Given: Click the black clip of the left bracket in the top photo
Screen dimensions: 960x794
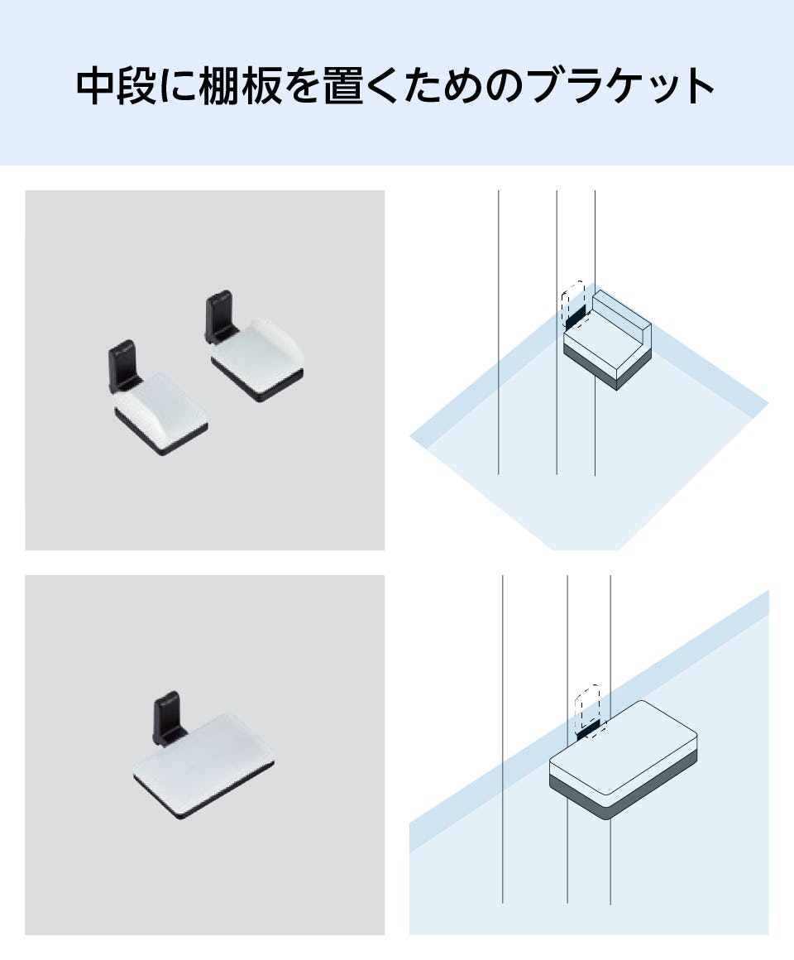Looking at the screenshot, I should (x=123, y=365).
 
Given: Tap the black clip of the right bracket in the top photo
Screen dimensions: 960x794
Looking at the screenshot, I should (x=219, y=314).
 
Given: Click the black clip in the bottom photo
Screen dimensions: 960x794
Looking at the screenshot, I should (x=167, y=716).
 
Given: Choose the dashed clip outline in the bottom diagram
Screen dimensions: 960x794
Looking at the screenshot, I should (x=587, y=703).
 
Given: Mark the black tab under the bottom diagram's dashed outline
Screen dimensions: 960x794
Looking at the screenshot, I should (x=588, y=729).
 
